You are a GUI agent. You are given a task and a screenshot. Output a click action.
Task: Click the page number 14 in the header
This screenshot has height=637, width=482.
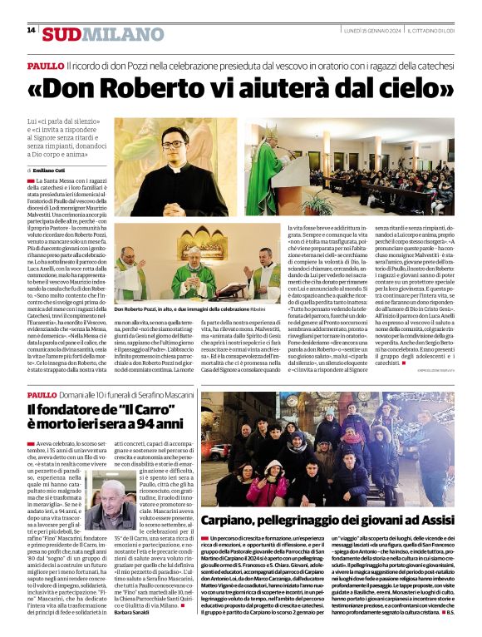tap(31, 30)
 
